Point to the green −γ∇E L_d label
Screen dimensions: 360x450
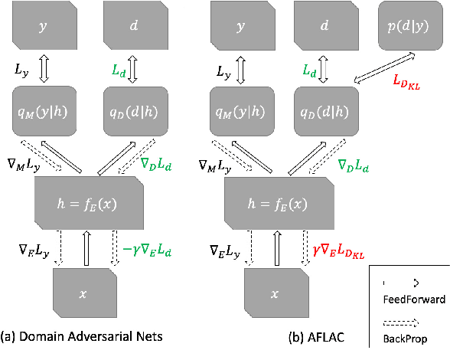coord(148,247)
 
